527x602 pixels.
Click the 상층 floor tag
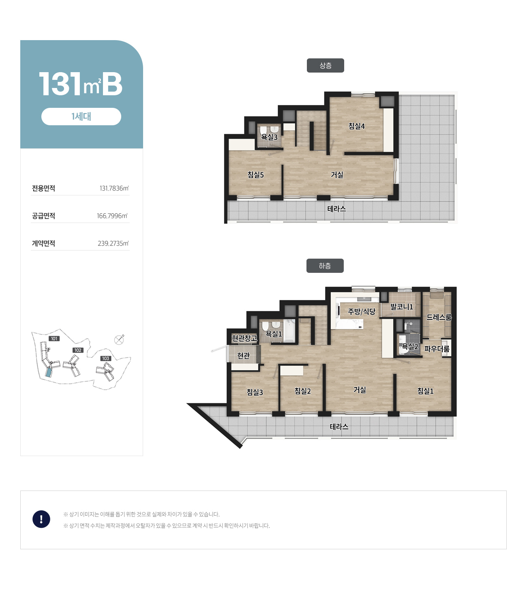coord(325,65)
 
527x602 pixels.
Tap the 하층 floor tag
coord(325,266)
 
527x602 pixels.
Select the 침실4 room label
coord(356,126)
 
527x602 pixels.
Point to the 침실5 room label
coord(255,174)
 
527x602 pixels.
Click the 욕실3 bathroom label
coord(269,137)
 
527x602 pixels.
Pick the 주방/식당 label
coord(361,311)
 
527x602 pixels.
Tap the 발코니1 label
coord(401,306)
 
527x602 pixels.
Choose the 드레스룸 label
coord(439,317)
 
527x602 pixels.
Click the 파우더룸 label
coord(437,349)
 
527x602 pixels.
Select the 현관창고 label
coord(244,338)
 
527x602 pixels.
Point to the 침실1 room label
coord(425,391)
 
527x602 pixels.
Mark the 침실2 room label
coord(302,391)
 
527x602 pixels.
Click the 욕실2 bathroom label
coord(410,346)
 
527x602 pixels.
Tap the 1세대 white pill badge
coord(81,116)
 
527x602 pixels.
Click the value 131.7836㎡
coord(114,189)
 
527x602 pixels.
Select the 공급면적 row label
coord(43,216)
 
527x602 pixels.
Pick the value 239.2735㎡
coord(113,243)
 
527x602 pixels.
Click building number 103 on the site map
coord(106,358)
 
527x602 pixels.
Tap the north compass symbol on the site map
coord(119,340)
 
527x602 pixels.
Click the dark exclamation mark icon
coord(41,519)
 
